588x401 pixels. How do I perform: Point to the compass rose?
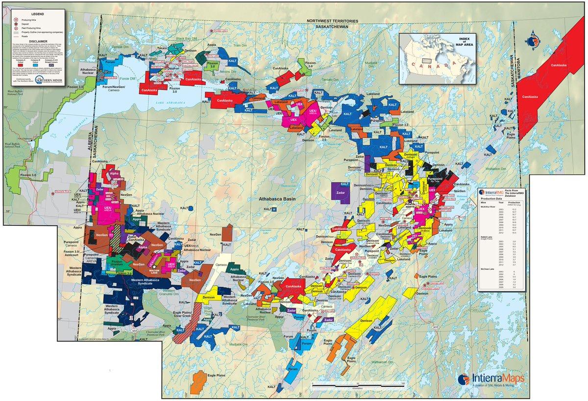(534, 41)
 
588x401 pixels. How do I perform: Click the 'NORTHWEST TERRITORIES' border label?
(331, 22)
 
